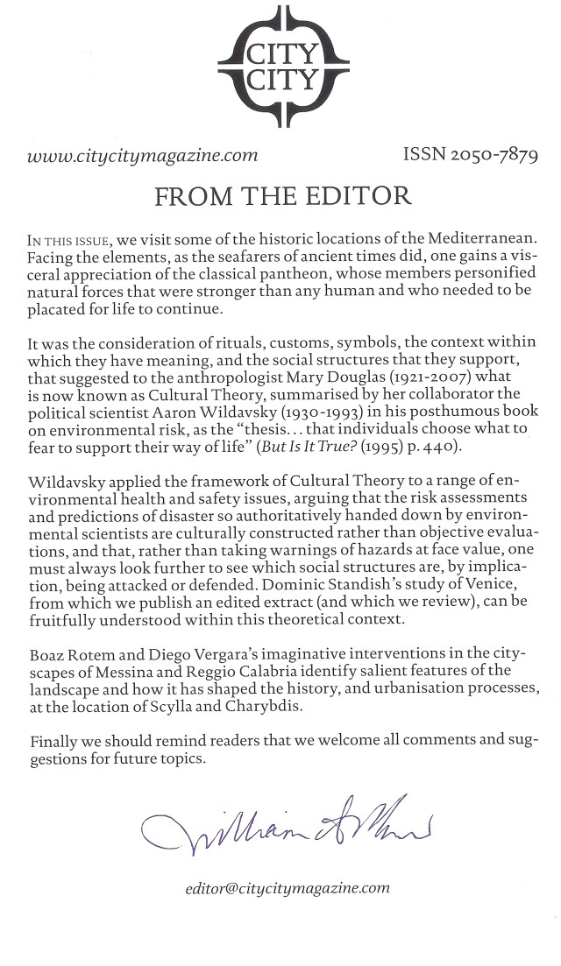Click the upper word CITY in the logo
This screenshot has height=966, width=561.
(x=281, y=53)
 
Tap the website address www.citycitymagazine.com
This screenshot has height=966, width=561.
(x=142, y=157)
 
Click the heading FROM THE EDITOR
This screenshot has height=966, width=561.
(x=282, y=195)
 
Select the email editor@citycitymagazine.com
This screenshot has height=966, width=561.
(x=287, y=887)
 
